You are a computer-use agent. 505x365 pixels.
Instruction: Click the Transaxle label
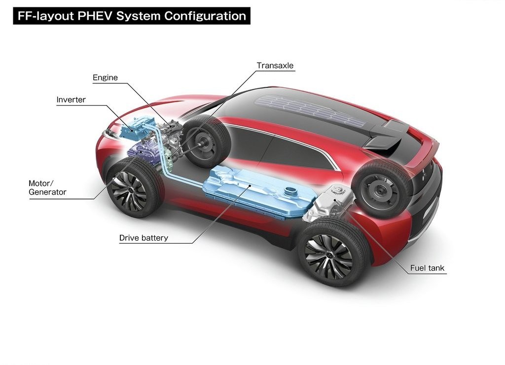point(275,66)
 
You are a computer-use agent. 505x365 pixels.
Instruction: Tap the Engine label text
point(106,77)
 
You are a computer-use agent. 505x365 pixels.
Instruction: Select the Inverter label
point(71,100)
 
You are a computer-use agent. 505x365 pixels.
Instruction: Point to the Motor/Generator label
point(47,187)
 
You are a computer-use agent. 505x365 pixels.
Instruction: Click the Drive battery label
point(144,238)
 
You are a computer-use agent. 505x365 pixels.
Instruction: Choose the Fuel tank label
point(427,268)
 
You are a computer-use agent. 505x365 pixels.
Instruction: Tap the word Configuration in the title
point(205,16)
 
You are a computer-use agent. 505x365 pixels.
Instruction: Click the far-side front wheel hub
point(202,144)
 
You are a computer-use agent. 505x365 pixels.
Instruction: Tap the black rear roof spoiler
point(389,135)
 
